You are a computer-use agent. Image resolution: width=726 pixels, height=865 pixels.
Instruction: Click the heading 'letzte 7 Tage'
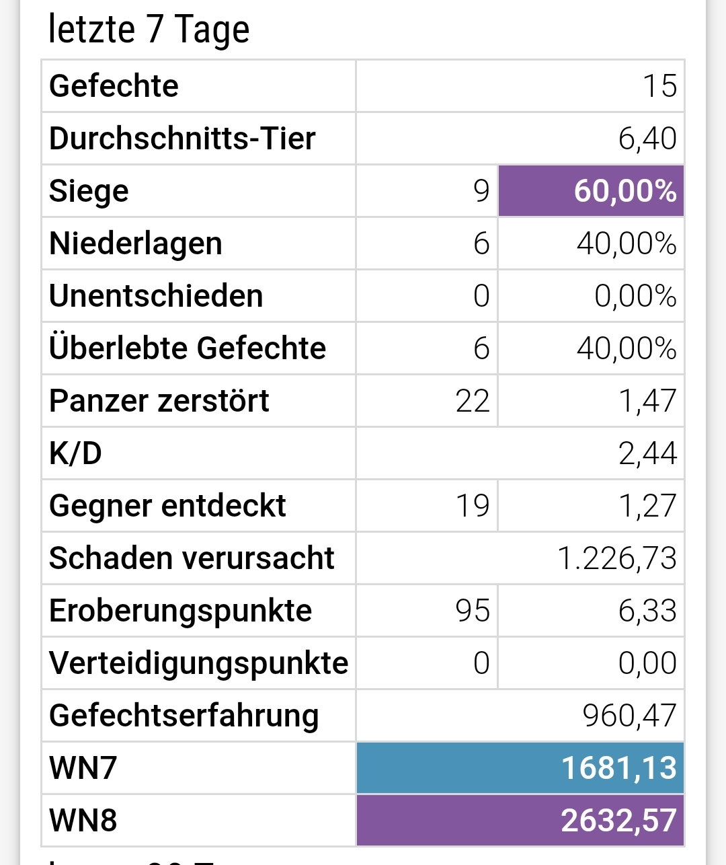[x=149, y=30]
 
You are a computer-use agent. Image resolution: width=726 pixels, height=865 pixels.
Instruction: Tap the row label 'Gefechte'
[x=114, y=86]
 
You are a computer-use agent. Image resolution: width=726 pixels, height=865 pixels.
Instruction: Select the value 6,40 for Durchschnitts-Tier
[x=647, y=139]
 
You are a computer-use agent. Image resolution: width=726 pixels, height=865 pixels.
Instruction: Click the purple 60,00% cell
[x=591, y=191]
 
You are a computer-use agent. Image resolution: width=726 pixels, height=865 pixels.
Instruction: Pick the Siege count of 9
[x=481, y=191]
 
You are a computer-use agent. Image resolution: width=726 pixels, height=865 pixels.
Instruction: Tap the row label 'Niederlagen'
[x=135, y=243]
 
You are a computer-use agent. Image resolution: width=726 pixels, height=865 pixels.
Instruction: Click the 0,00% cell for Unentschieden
[x=635, y=296]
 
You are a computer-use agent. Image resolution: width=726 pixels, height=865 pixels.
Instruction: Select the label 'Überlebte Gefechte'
[x=187, y=348]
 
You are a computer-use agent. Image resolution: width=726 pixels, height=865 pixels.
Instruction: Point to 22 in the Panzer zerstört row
[x=472, y=401]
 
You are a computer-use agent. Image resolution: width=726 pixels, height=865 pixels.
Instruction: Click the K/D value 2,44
[x=647, y=453]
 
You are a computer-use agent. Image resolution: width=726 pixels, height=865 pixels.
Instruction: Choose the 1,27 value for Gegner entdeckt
[x=647, y=506]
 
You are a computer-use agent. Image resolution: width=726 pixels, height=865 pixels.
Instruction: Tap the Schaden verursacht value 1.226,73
[x=616, y=558]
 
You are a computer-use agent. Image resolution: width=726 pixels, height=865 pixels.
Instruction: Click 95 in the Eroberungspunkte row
[x=472, y=611]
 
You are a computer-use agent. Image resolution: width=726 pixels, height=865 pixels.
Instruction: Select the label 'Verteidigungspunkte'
[x=198, y=663]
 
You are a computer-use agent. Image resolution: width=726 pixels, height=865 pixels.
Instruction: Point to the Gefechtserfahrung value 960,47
[x=629, y=716]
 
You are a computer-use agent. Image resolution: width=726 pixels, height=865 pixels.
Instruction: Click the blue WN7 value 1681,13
[x=618, y=768]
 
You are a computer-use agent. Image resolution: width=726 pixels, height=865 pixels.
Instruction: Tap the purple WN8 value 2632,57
[x=618, y=821]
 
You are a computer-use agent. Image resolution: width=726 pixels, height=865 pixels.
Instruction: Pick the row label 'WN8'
[x=83, y=821]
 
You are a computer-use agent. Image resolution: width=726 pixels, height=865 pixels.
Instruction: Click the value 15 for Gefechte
[x=659, y=86]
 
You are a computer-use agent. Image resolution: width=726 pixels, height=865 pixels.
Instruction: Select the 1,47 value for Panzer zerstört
[x=647, y=401]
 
